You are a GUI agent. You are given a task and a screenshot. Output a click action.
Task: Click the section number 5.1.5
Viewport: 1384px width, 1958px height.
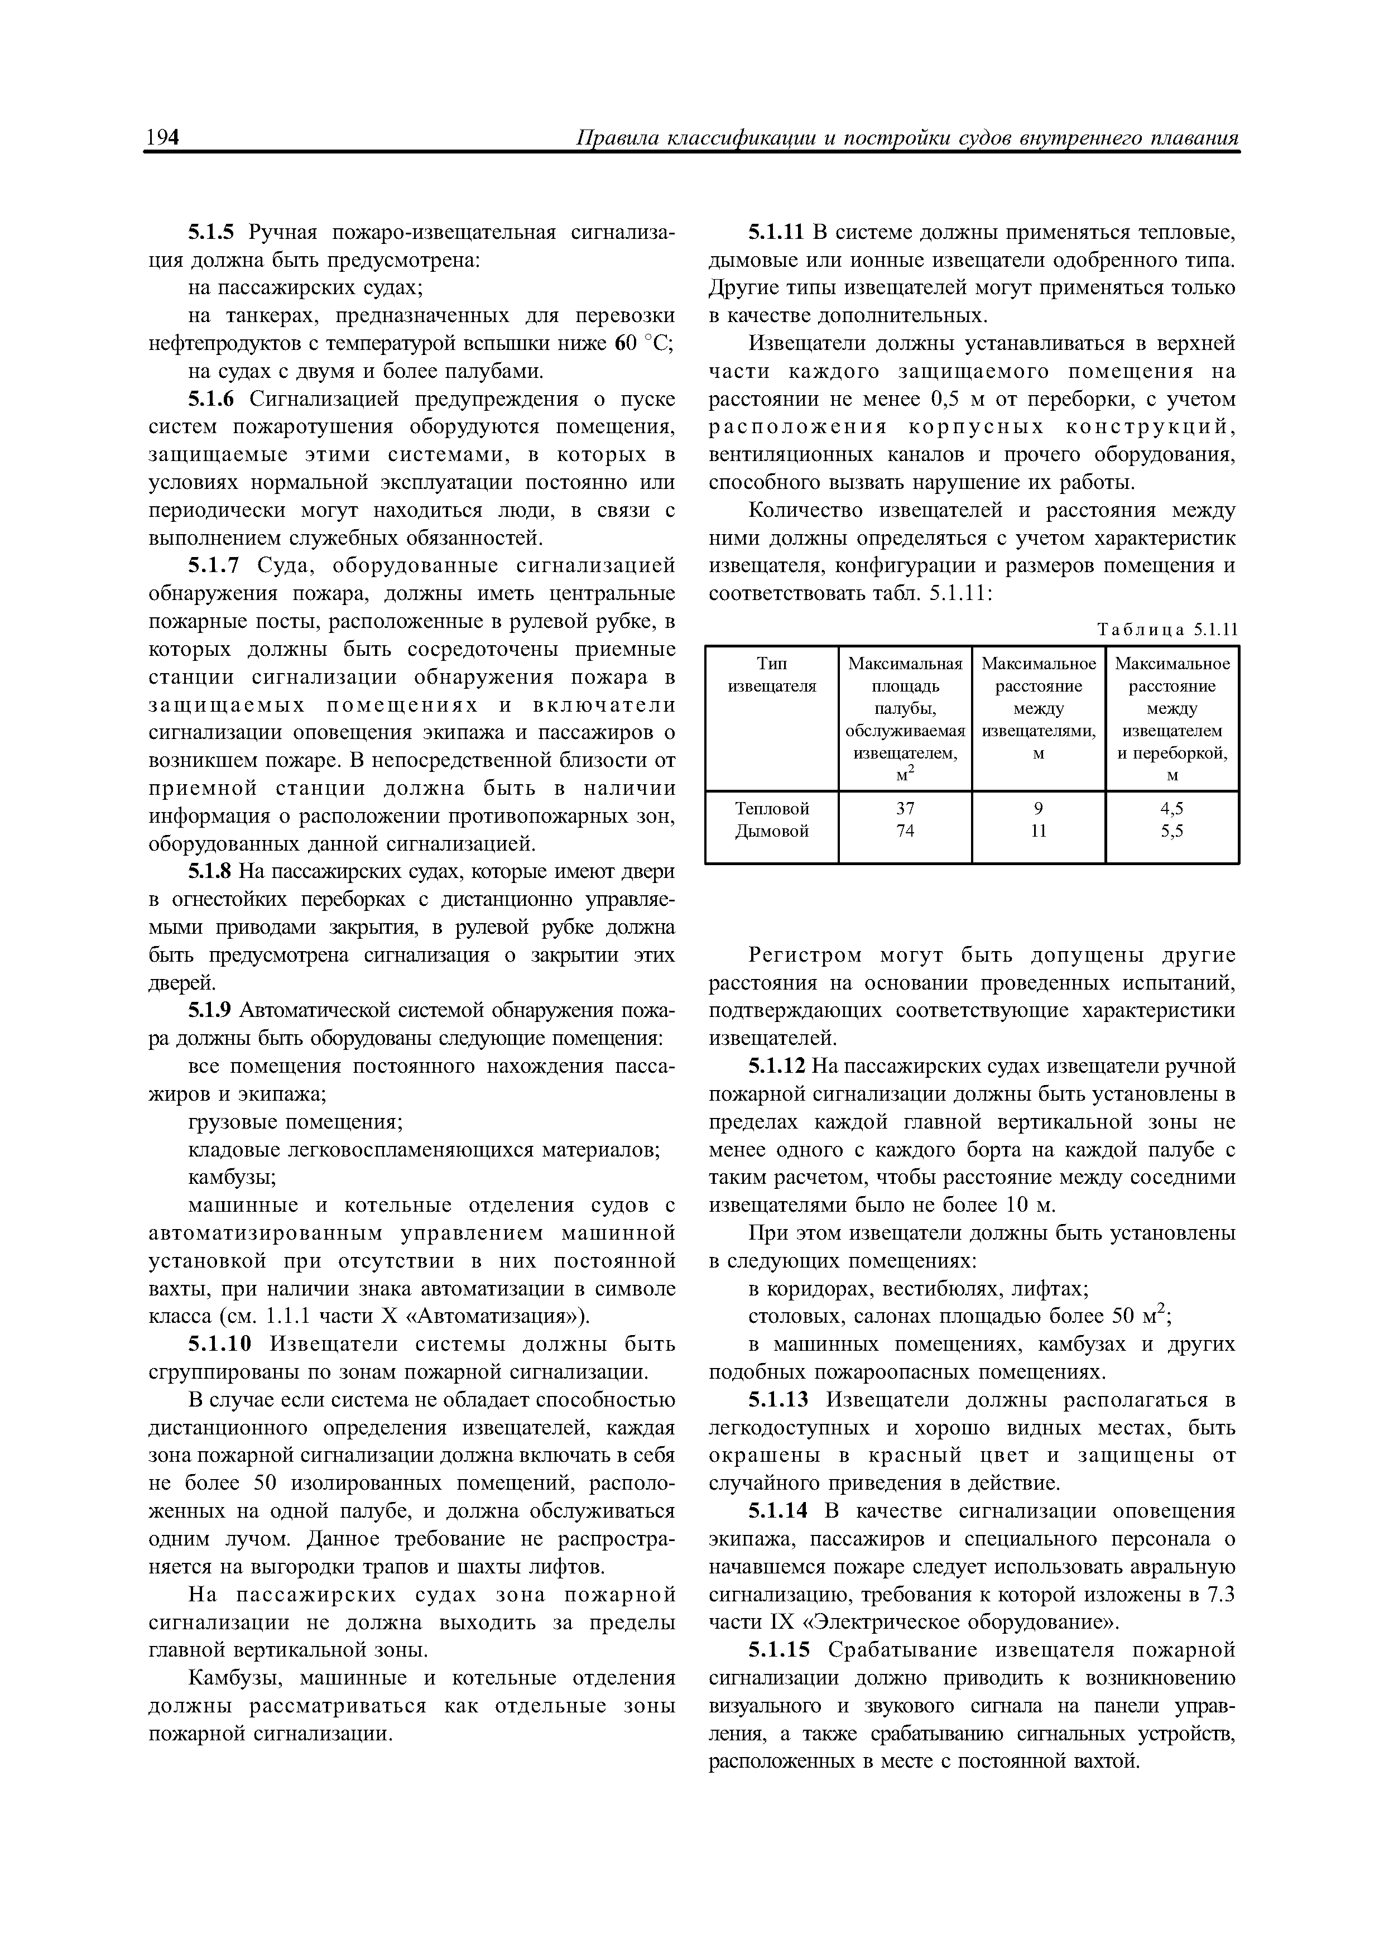tap(216, 233)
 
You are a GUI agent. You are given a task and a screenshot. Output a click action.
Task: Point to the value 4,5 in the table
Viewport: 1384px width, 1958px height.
tap(1172, 808)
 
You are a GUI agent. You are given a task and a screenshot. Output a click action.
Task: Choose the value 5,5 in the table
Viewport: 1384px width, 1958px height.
tap(1172, 831)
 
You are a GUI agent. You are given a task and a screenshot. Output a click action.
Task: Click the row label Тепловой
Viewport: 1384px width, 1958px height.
tap(772, 808)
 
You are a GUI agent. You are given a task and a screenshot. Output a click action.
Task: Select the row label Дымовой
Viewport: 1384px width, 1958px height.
tap(772, 831)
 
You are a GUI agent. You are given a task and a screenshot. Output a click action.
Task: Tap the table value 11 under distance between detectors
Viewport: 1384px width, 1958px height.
tap(1038, 831)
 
